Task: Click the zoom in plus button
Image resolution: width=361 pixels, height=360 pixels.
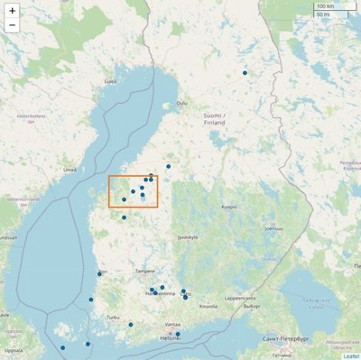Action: pos(12,10)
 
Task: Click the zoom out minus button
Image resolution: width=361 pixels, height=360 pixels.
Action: pos(12,25)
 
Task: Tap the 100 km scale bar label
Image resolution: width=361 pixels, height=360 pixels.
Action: pos(327,6)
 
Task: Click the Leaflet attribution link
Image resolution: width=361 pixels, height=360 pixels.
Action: pos(351,355)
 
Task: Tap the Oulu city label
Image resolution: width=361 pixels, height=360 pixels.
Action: pos(181,103)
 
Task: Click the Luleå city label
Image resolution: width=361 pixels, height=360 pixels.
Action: pos(110,80)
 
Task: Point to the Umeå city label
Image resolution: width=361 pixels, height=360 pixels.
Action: pos(69,169)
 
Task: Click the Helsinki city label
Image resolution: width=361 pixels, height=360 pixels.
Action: pos(171,337)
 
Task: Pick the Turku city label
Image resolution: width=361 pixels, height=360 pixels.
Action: pos(113,317)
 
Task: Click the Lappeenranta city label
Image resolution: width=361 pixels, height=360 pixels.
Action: pos(239,296)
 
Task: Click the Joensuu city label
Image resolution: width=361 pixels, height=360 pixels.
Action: pos(272,228)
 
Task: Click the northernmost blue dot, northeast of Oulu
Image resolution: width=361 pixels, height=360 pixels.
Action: pos(245,72)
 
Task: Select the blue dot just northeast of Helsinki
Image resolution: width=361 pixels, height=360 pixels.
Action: pos(178,334)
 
